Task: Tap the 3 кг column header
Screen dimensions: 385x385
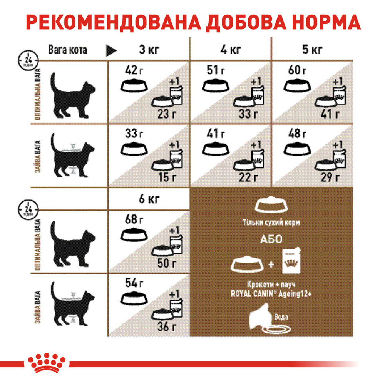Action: coord(148,50)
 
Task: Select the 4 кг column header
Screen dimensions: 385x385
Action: coord(230,50)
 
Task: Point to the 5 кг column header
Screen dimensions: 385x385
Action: coord(312,50)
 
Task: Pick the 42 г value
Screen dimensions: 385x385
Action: coord(134,70)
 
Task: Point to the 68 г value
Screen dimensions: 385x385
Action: coord(134,221)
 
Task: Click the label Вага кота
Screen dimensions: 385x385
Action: coord(67,50)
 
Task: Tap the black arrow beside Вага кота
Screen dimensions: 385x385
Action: coord(112,50)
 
